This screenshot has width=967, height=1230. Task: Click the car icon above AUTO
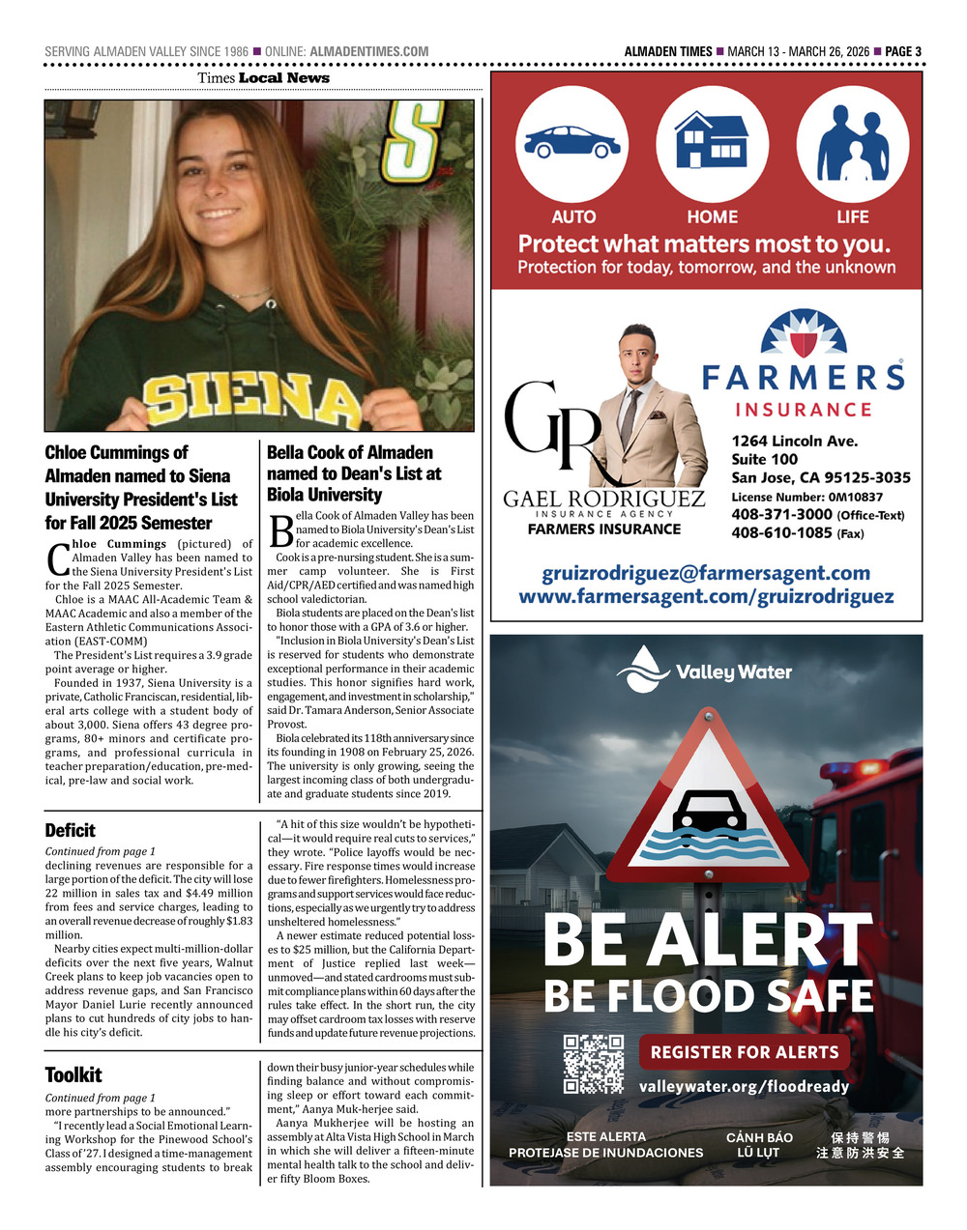tap(571, 144)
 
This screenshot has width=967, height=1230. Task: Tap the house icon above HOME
tap(712, 141)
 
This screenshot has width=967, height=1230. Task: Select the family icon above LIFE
tap(853, 145)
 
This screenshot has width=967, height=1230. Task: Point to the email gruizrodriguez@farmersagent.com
tap(706, 573)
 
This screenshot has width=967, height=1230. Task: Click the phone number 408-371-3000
tap(781, 515)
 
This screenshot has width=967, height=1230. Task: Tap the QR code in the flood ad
tap(594, 1064)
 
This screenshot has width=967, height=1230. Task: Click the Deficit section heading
tap(71, 830)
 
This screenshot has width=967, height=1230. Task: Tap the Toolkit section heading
tap(73, 1074)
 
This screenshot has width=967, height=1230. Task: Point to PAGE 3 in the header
tap(903, 51)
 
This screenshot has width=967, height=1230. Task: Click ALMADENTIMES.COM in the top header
tap(369, 51)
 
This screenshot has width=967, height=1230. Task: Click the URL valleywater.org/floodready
tap(744, 1086)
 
